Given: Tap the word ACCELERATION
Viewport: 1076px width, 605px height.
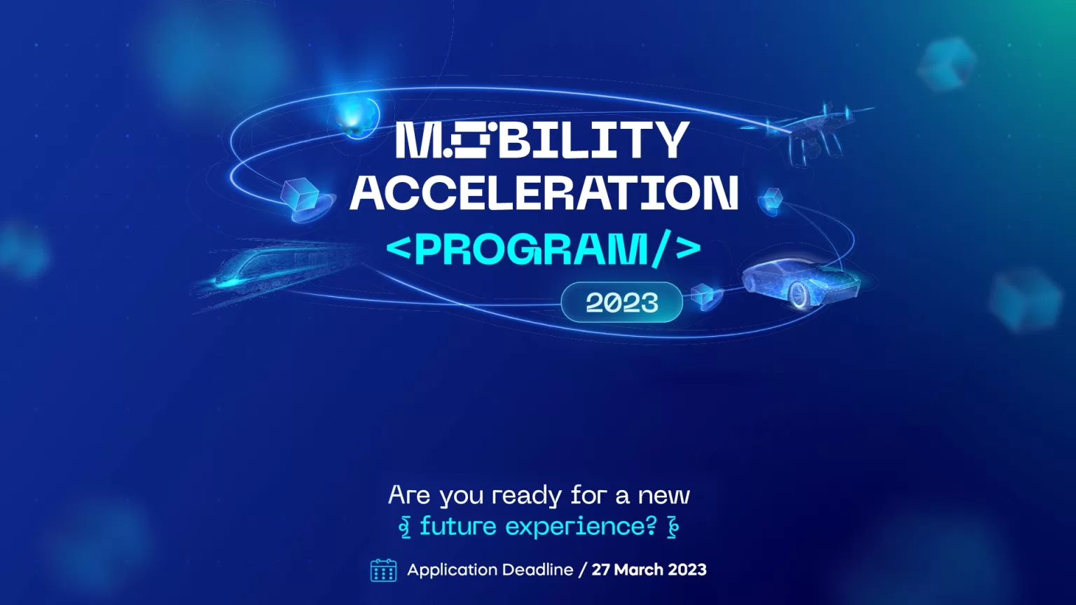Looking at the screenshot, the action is click(x=544, y=193).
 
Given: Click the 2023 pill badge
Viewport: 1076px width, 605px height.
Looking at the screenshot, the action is click(x=621, y=302).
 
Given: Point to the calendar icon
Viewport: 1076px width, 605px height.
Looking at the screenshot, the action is click(x=383, y=570).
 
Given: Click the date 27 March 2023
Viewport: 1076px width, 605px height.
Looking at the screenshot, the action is click(x=649, y=569).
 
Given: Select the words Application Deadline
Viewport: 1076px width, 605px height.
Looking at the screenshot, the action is click(x=490, y=570).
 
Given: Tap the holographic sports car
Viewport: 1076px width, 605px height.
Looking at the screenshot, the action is click(x=801, y=284).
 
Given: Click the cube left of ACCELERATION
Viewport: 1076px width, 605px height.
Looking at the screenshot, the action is click(x=301, y=195).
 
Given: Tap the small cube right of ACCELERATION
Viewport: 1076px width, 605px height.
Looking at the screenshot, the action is click(x=771, y=199).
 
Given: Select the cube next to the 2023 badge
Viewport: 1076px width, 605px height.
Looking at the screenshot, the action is click(x=703, y=294).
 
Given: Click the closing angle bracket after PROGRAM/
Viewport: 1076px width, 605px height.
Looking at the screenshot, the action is click(x=688, y=249).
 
